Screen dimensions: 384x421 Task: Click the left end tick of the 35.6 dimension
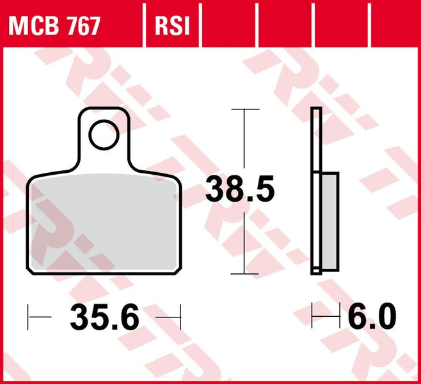29,316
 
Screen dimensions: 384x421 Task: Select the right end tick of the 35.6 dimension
181,316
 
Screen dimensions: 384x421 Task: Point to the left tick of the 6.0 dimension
312,316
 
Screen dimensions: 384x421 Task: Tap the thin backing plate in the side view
315,141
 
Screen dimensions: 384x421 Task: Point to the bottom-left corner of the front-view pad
30,268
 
